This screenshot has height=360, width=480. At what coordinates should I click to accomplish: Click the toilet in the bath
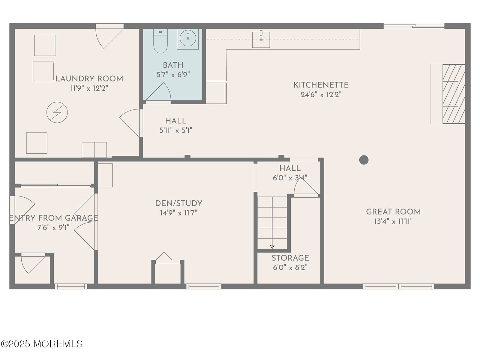click(160, 41)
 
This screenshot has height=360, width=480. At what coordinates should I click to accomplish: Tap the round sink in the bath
click(187, 38)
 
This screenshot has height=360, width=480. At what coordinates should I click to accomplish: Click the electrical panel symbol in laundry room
click(57, 112)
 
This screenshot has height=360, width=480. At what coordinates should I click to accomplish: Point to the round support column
click(364, 160)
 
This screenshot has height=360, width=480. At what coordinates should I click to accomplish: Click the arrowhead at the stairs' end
click(272, 247)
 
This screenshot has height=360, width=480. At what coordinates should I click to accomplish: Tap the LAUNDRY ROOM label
click(89, 79)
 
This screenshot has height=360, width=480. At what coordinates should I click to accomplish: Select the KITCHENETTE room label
click(321, 85)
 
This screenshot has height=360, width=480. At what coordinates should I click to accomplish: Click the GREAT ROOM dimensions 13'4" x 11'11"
click(393, 221)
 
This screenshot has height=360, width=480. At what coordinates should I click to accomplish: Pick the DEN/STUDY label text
click(179, 203)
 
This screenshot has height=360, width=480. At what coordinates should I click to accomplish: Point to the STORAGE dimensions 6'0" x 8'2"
click(290, 267)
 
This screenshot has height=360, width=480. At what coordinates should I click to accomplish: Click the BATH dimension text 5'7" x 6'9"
click(173, 75)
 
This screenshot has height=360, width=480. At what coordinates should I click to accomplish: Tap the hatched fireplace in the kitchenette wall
click(454, 94)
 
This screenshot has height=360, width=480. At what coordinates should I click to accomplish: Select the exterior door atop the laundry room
click(109, 36)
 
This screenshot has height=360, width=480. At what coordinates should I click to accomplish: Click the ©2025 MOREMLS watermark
click(41, 344)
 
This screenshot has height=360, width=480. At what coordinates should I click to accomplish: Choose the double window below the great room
click(398, 286)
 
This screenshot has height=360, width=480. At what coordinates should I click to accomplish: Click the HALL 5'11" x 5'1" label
click(176, 126)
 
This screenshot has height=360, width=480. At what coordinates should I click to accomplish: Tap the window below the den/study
click(204, 286)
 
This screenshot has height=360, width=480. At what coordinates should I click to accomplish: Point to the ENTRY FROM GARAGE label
click(54, 218)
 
